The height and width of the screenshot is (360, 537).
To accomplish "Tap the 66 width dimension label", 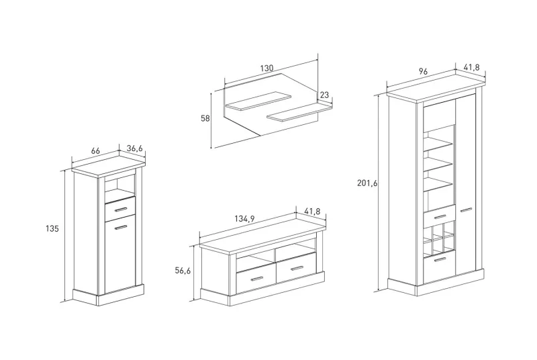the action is (x=95, y=152).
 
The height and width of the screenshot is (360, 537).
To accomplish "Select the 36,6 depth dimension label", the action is (x=135, y=148).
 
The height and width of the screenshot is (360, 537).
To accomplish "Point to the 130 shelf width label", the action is (x=267, y=68).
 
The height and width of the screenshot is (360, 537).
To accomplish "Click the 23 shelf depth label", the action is (x=325, y=95).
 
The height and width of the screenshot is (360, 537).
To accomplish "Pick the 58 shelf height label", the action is (x=205, y=119).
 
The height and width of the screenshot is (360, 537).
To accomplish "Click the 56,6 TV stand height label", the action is (x=183, y=270).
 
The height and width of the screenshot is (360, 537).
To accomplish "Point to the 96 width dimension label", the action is (x=423, y=71).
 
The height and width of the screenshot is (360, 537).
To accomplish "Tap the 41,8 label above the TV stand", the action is (x=313, y=212).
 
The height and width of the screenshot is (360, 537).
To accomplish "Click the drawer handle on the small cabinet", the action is (x=121, y=210).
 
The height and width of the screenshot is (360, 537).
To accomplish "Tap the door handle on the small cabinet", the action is (x=121, y=227).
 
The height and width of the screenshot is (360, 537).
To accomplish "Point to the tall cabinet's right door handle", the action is (x=465, y=210).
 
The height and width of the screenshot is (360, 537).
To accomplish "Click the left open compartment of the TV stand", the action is (x=254, y=259).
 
